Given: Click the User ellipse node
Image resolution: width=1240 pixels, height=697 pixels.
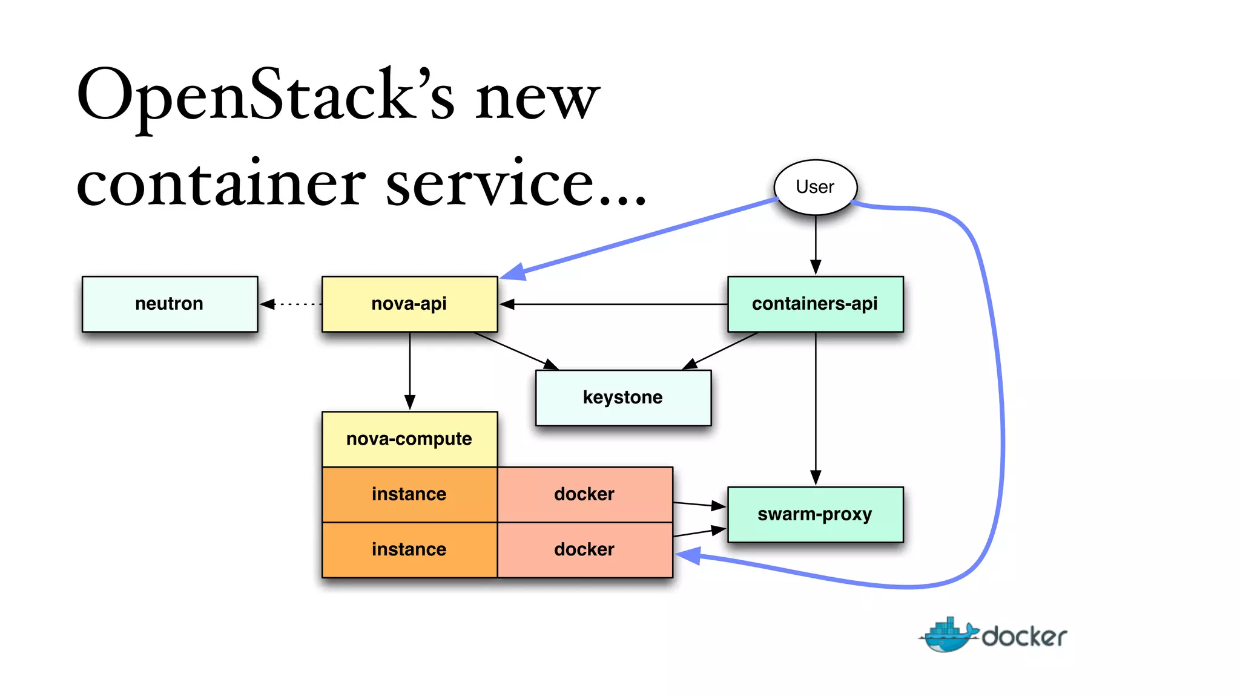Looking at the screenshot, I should click(815, 187).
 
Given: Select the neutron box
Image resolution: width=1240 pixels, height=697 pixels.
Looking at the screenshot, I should click(170, 304).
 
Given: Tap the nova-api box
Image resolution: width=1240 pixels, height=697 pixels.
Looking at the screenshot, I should click(409, 304).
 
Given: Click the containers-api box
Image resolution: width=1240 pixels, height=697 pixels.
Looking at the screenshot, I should click(815, 304).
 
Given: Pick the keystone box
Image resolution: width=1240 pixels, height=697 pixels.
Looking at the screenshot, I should click(623, 398).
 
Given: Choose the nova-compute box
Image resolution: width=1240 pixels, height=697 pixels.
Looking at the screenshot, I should click(409, 439).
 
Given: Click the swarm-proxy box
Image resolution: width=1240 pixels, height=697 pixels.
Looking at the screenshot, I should click(815, 514).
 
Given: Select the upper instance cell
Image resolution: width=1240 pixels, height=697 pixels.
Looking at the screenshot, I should click(409, 494).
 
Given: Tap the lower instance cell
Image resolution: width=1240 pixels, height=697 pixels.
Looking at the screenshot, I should click(409, 549).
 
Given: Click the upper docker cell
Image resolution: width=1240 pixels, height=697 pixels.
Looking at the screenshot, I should click(584, 494).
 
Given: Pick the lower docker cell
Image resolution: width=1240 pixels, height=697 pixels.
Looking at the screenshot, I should click(584, 549).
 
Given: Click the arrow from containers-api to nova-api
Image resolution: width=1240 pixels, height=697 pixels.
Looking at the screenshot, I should click(612, 304).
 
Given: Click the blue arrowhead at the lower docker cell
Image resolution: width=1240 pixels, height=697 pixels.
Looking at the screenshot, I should click(689, 555).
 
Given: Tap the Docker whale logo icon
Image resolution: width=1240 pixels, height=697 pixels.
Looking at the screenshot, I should click(948, 635).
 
